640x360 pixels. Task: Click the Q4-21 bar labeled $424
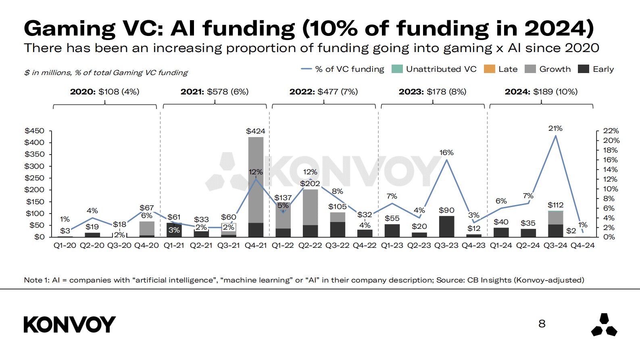pyautogui.click(x=256, y=186)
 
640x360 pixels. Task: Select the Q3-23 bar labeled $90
pyautogui.click(x=446, y=226)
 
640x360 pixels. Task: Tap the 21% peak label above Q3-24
pyautogui.click(x=555, y=128)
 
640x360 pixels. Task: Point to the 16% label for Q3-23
pyautogui.click(x=446, y=153)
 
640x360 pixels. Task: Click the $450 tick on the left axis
pyautogui.click(x=35, y=131)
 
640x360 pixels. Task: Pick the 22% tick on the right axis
pyautogui.click(x=611, y=131)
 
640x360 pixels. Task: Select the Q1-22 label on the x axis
pyautogui.click(x=283, y=245)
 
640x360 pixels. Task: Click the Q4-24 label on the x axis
pyautogui.click(x=582, y=245)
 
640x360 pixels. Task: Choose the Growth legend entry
pyautogui.click(x=548, y=69)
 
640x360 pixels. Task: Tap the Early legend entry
pyautogui.click(x=596, y=69)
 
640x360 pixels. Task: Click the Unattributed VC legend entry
pyautogui.click(x=434, y=69)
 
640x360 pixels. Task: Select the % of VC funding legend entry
pyautogui.click(x=343, y=69)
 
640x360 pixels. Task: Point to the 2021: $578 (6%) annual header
pyautogui.click(x=215, y=92)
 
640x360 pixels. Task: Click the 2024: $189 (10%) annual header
pyautogui.click(x=541, y=92)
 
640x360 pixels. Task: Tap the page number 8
pyautogui.click(x=542, y=324)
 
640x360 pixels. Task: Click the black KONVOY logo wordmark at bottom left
pyautogui.click(x=70, y=324)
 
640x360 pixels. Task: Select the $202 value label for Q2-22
pyautogui.click(x=310, y=184)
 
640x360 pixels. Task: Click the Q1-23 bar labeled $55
pyautogui.click(x=392, y=230)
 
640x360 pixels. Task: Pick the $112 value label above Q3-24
pyautogui.click(x=555, y=205)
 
